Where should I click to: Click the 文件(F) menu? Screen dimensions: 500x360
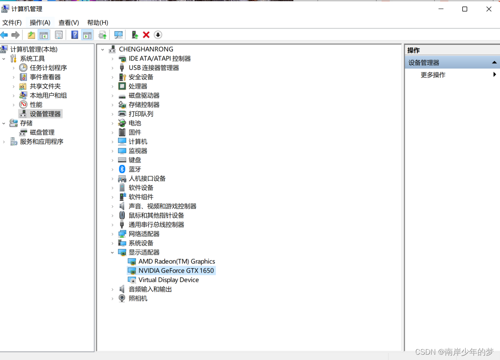tap(12, 23)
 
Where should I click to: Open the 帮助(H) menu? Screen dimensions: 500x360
tap(98, 23)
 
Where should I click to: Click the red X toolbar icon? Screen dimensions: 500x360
tap(146, 35)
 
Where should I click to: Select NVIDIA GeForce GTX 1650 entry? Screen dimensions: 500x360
tap(176, 271)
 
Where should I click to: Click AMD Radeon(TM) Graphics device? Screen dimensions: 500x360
tap(176, 261)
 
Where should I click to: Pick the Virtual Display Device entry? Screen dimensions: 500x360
tap(168, 280)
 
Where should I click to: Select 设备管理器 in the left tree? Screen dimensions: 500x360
tap(45, 114)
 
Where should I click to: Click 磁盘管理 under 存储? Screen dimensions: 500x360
tap(42, 132)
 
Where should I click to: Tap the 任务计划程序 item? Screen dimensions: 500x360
tap(48, 68)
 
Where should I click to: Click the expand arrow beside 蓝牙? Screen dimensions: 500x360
tap(112, 169)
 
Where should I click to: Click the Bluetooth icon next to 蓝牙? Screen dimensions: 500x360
tap(122, 169)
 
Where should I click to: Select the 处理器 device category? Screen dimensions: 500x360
tap(138, 86)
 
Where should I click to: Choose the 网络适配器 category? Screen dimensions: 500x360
tap(144, 234)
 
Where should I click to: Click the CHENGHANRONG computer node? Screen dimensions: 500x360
tap(146, 49)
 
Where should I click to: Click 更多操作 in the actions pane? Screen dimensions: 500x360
tap(433, 75)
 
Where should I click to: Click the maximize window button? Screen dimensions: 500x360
tap(465, 9)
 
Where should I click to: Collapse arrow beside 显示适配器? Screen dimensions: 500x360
tap(112, 253)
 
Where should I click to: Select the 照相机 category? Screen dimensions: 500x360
tap(138, 298)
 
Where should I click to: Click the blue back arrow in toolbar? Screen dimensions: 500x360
tap(5, 35)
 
